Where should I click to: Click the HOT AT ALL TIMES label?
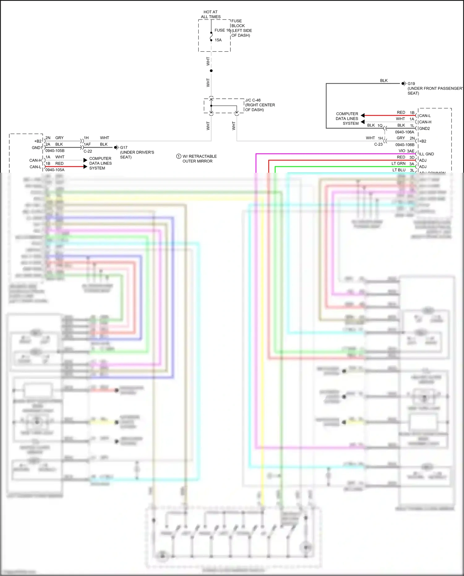(211, 14)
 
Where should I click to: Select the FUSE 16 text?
(222, 30)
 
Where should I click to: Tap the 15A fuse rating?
(218, 40)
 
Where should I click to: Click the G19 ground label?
(411, 84)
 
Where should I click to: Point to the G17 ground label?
(124, 148)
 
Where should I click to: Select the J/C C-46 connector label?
(253, 100)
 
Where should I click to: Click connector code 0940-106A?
(404, 132)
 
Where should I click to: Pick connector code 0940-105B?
(55, 151)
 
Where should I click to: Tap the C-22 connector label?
(88, 151)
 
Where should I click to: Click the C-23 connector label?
(378, 144)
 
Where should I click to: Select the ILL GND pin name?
(426, 154)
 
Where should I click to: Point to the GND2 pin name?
(424, 128)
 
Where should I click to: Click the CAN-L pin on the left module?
(35, 167)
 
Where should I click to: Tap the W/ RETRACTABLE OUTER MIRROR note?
(200, 159)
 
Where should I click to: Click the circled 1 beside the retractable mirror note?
(178, 156)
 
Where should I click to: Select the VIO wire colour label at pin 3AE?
(402, 151)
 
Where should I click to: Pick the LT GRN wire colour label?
(398, 163)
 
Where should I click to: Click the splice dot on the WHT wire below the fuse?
(211, 71)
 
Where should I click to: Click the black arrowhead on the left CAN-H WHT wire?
(85, 160)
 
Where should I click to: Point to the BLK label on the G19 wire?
(384, 80)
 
